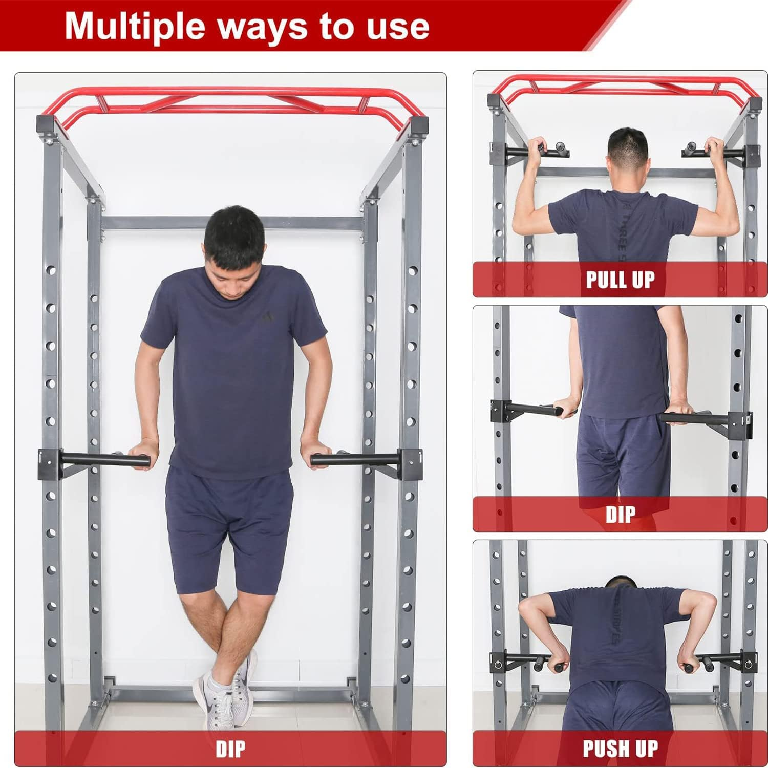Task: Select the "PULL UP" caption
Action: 620,280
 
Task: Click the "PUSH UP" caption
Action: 620,749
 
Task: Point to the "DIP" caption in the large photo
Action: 230,749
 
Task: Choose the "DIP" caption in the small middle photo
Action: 620,514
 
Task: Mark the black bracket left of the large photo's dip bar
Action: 49,463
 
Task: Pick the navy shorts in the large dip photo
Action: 230,532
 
